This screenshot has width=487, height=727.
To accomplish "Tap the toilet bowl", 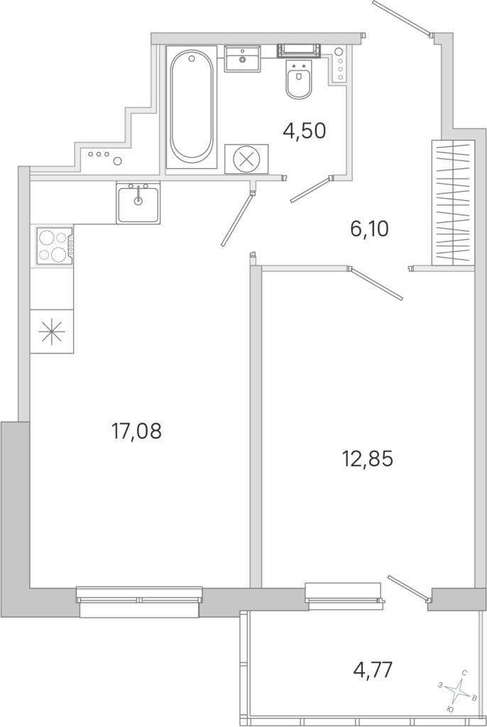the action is pyautogui.click(x=299, y=80).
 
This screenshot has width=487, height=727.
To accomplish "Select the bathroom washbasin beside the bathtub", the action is pyautogui.click(x=242, y=58).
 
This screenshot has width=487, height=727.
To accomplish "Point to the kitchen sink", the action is pyautogui.click(x=138, y=202).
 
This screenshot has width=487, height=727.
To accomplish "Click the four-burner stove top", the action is pyautogui.click(x=52, y=246).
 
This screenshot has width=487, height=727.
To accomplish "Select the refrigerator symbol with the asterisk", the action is pyautogui.click(x=52, y=332).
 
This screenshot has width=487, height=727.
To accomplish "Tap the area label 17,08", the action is pyautogui.click(x=136, y=431).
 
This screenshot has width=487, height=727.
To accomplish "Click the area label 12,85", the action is pyautogui.click(x=367, y=459).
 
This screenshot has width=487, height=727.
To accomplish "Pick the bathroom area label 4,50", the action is pyautogui.click(x=305, y=131).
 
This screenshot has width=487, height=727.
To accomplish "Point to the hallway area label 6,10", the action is pyautogui.click(x=369, y=229).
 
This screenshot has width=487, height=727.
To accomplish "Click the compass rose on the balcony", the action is pyautogui.click(x=459, y=693).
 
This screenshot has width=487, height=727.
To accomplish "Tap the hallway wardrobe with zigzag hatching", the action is pyautogui.click(x=453, y=202).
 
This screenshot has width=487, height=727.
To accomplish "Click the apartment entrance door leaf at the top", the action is pyautogui.click(x=403, y=18).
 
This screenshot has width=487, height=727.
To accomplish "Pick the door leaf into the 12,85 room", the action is pyautogui.click(x=376, y=283).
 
